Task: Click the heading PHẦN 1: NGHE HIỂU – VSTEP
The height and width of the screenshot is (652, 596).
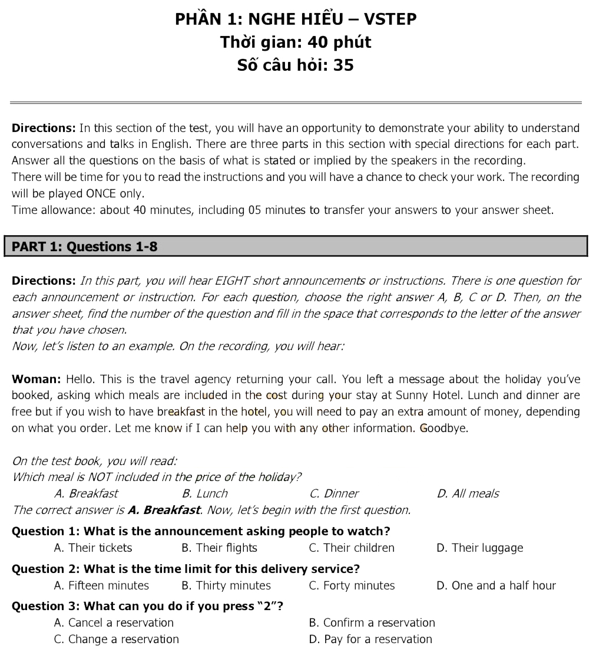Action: [x=296, y=19]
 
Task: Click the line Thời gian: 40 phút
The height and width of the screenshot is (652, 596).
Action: [x=296, y=42]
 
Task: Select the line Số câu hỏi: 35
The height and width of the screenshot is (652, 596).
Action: [x=296, y=65]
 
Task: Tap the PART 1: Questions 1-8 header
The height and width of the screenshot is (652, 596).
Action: [x=85, y=246]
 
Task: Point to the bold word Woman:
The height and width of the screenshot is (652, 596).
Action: [x=37, y=379]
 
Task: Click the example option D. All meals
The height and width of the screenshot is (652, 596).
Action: [x=468, y=493]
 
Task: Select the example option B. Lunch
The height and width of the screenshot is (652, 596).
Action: [x=204, y=493]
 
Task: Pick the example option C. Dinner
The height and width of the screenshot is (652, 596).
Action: [x=333, y=493]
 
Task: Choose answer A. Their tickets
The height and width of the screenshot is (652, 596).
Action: [x=93, y=548]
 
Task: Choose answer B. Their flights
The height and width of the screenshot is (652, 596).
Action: [x=219, y=548]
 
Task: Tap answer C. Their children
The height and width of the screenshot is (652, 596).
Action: [x=352, y=548]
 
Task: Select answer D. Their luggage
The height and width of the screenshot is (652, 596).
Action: [x=479, y=548]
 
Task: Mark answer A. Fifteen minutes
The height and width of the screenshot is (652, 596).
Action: [x=101, y=585]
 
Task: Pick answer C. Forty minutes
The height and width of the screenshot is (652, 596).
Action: [x=352, y=585]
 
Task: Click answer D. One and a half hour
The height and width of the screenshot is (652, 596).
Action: [x=496, y=585]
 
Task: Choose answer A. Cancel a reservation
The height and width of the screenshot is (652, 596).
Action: [x=114, y=623]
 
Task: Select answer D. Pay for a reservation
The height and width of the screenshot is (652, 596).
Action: [x=370, y=639]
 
